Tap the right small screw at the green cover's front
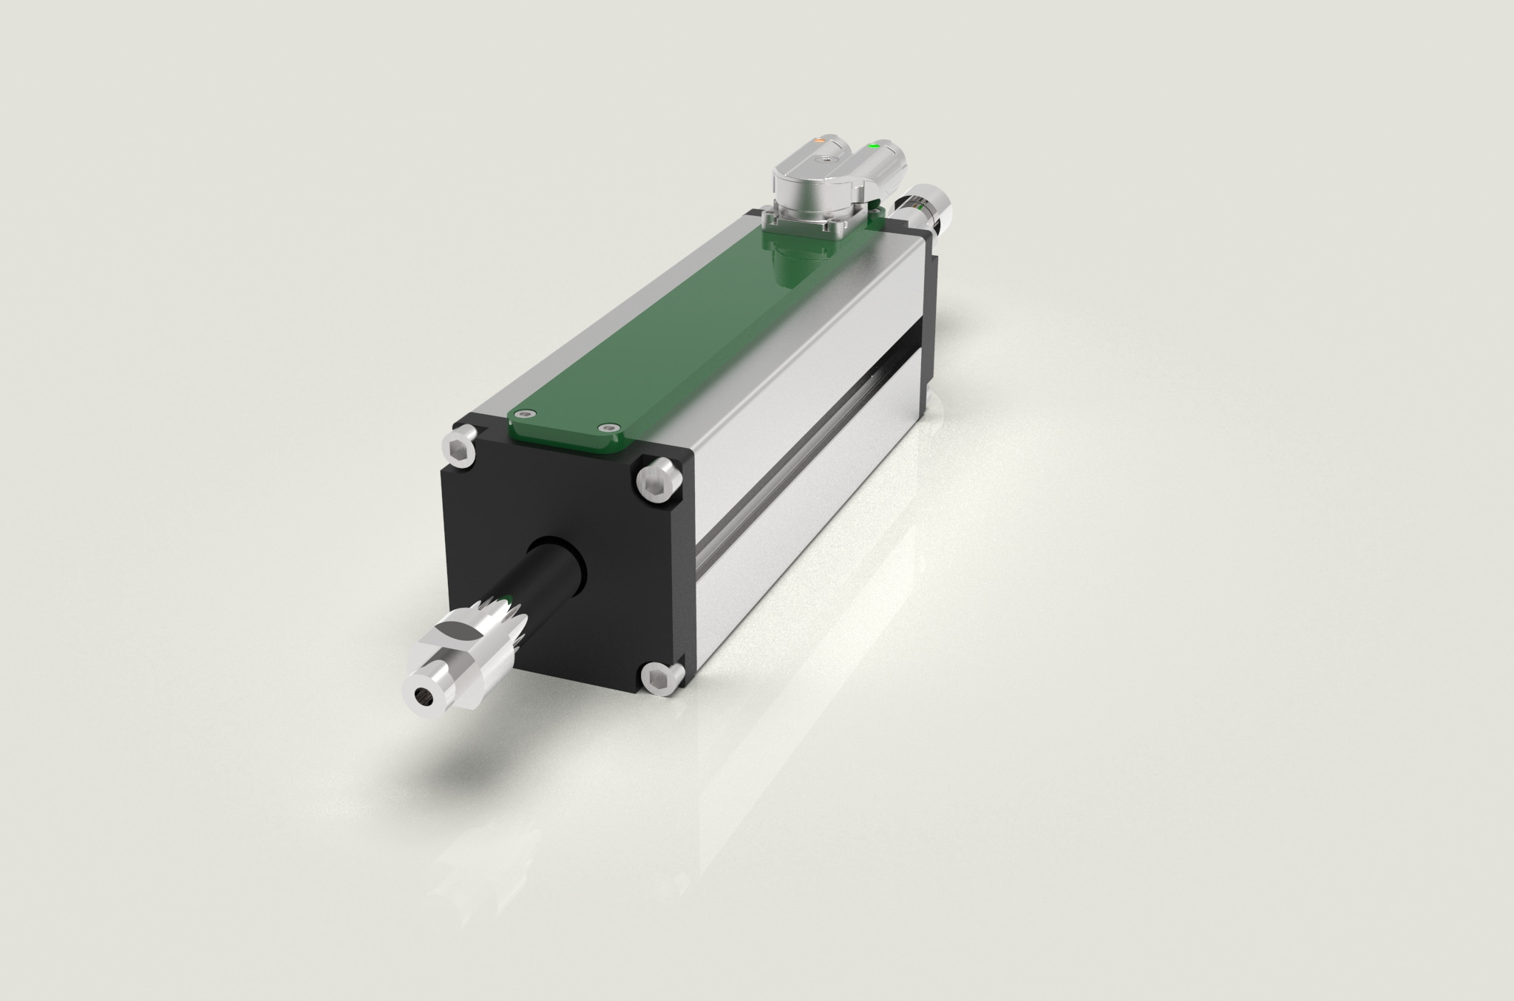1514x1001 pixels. click(608, 427)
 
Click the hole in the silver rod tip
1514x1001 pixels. click(423, 694)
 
